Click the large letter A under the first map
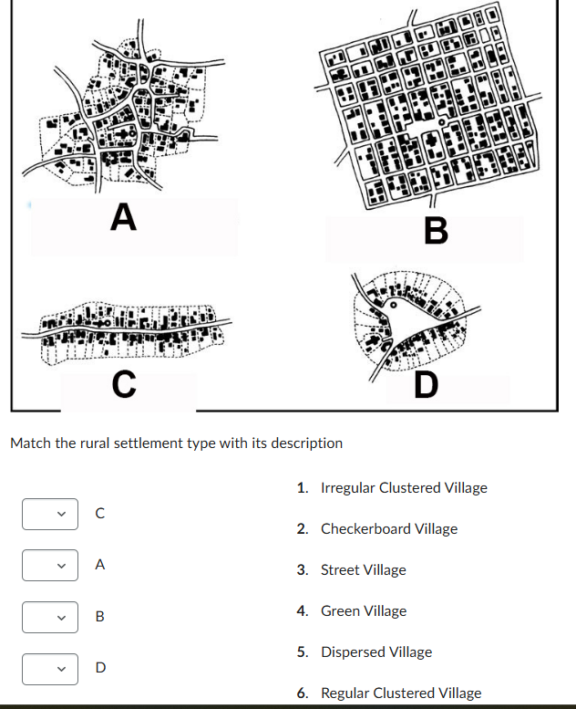(123, 217)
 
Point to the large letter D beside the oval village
(425, 386)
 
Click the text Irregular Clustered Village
(404, 487)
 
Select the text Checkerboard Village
(389, 528)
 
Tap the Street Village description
(363, 569)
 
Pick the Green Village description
(364, 610)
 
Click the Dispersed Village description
(376, 652)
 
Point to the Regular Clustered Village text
(401, 693)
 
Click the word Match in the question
(28, 443)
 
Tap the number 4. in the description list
(303, 610)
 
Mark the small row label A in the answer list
(100, 565)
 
